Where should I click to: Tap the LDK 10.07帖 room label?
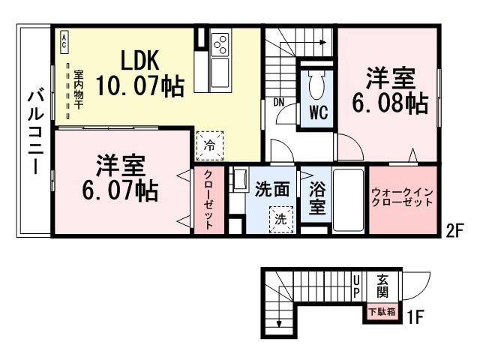[x=136, y=73]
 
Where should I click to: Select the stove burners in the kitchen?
[x=220, y=45]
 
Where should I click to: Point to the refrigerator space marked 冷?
[x=210, y=145]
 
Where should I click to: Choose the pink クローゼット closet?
[x=209, y=200]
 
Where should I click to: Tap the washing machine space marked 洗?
[x=279, y=220]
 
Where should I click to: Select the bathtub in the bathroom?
[x=347, y=199]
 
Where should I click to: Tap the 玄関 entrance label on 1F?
[x=381, y=285]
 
